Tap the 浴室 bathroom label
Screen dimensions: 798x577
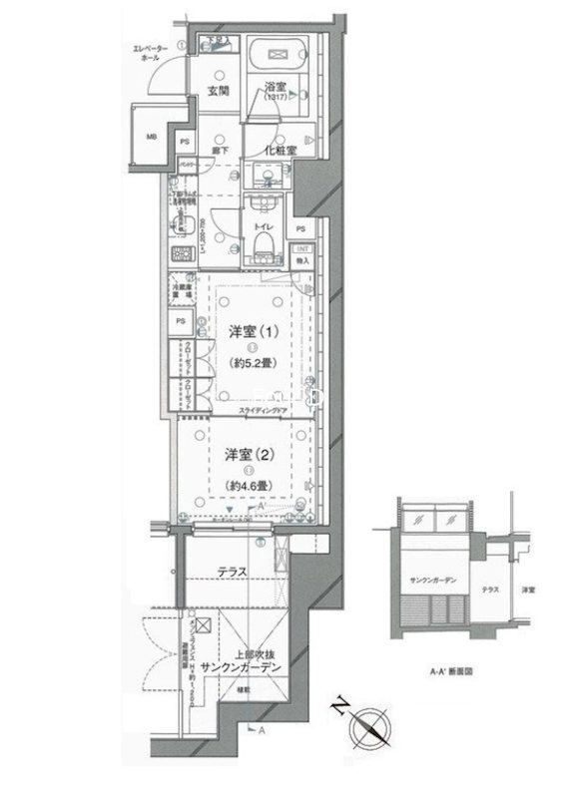(x=276, y=89)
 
